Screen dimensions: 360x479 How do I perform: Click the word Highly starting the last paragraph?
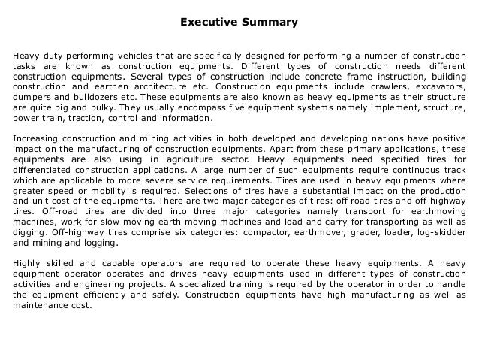coord(24,264)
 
